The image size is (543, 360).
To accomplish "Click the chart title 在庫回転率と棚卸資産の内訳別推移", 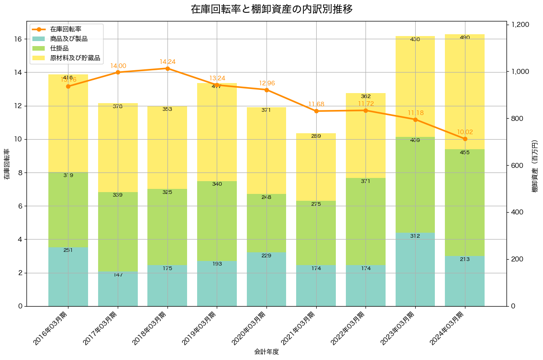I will point(271,10).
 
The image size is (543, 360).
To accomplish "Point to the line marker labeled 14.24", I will point(167,68).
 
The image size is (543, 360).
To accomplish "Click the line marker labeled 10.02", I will point(465,139).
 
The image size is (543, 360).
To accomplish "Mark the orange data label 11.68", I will point(316,104).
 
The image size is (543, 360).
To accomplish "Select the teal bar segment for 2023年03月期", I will point(415,269).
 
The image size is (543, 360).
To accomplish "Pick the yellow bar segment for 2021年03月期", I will point(316,167).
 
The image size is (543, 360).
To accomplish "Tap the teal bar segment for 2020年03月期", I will point(266,279).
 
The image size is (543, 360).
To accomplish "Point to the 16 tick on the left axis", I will point(18,39).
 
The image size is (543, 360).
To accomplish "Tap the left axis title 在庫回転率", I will point(6,164).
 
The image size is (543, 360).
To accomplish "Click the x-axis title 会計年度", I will point(266,352).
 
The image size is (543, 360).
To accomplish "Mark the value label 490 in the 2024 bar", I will point(465,37).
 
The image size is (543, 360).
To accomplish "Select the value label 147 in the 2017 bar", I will point(118,275).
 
